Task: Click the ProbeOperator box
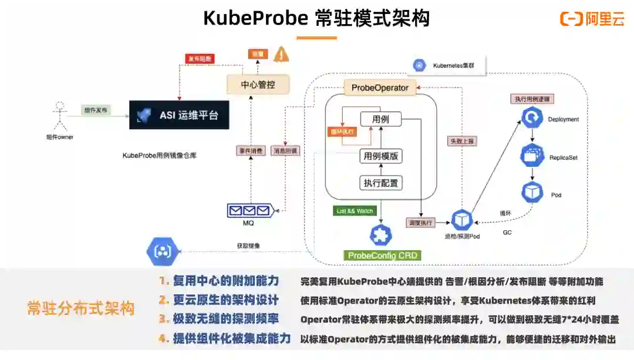[380, 88]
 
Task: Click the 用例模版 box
[381, 156]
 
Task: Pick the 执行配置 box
[381, 183]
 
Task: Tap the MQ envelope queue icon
[250, 210]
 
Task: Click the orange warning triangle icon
[282, 55]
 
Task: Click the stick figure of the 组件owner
[58, 117]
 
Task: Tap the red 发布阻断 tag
[200, 59]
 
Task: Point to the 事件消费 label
[250, 150]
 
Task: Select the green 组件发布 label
[95, 110]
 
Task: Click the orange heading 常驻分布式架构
[80, 308]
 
